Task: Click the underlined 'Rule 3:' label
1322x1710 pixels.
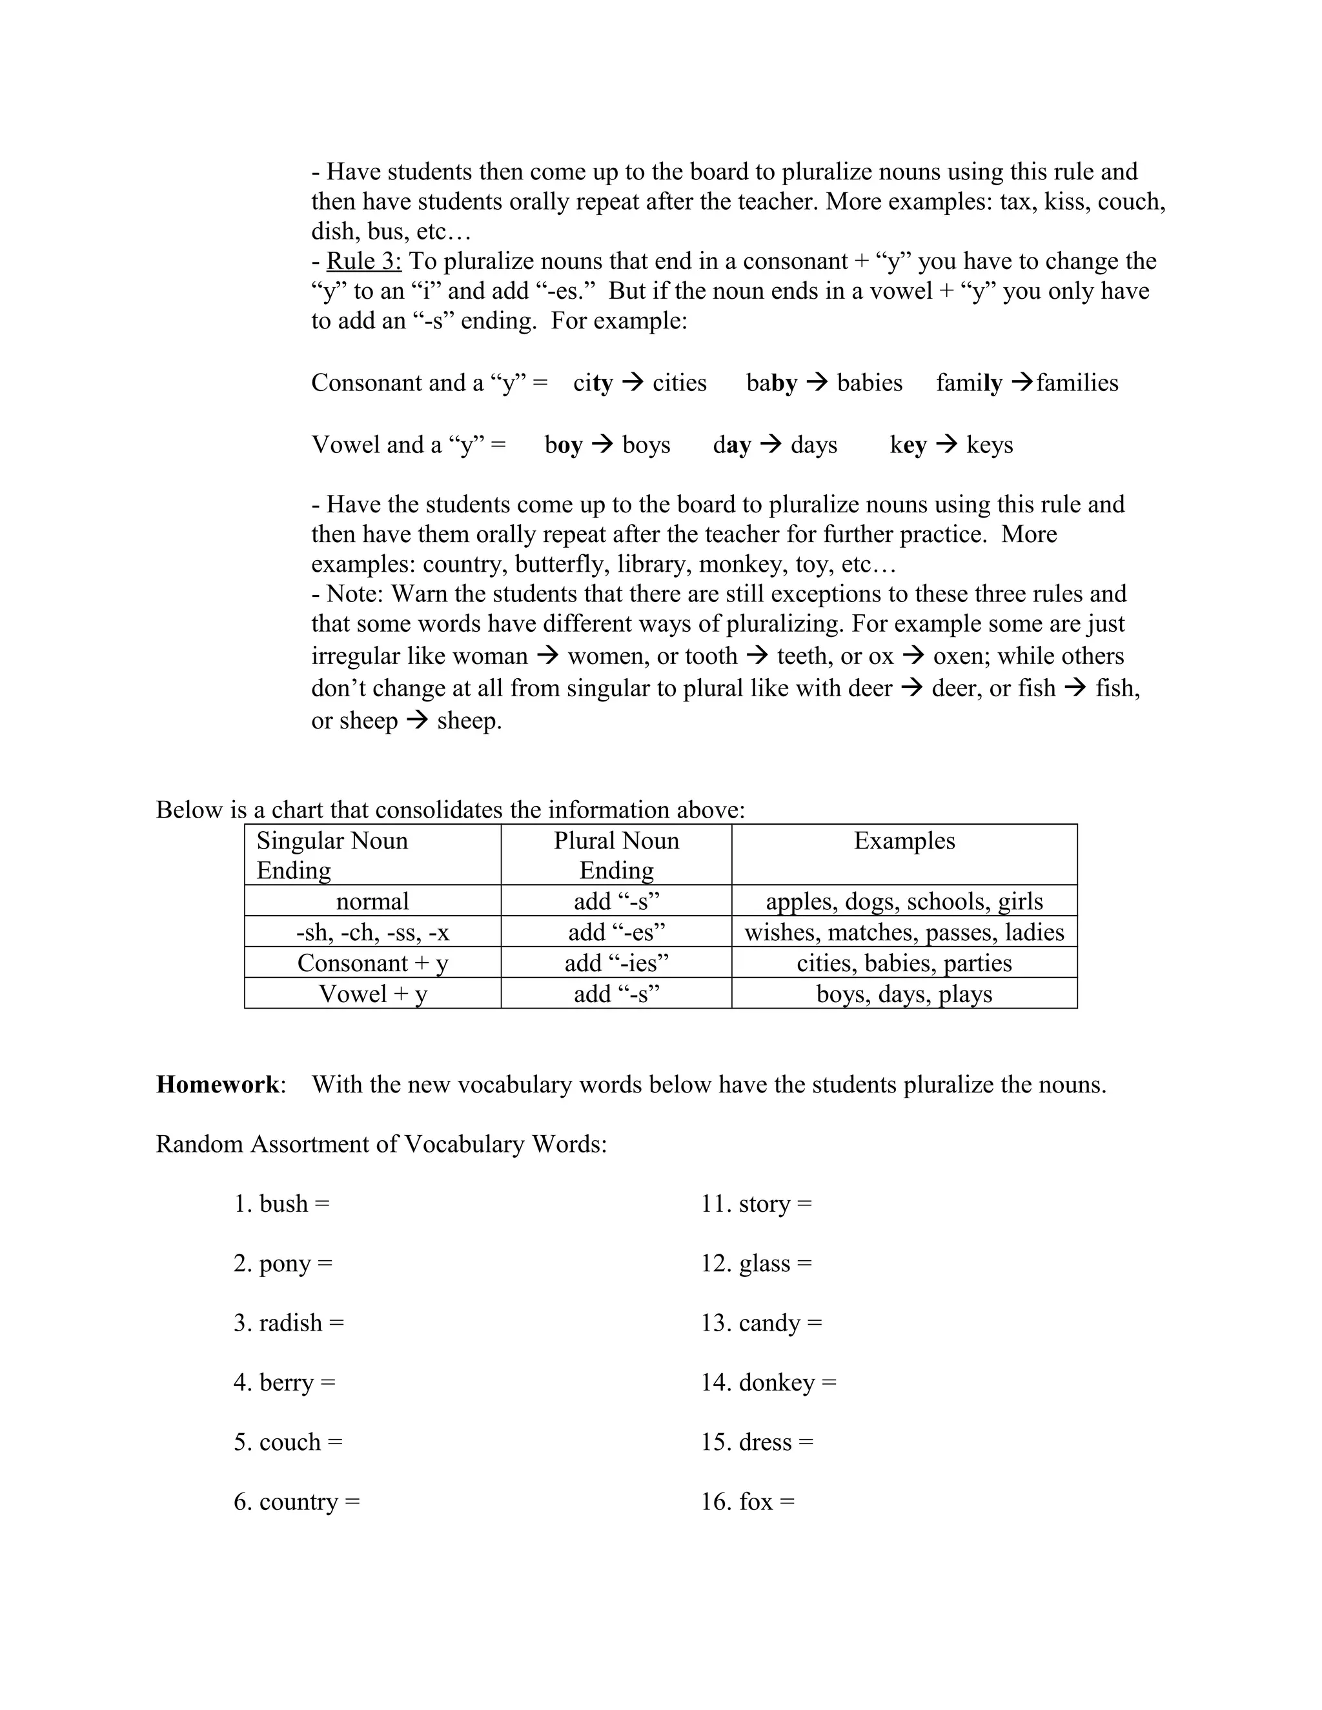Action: pos(363,261)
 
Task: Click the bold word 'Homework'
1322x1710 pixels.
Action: pos(218,1085)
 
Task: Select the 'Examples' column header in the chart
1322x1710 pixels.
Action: pos(904,841)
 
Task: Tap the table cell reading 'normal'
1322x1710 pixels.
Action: pos(373,901)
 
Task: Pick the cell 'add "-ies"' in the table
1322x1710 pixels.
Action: pos(616,963)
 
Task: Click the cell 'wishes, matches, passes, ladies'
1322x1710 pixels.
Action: pos(904,932)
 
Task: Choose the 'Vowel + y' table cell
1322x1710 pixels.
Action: pos(373,994)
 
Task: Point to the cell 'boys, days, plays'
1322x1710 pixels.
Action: pos(904,994)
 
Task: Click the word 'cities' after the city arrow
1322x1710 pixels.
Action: pos(679,383)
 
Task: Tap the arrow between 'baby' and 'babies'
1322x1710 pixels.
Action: pos(817,382)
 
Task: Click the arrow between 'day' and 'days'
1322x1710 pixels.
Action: pos(771,444)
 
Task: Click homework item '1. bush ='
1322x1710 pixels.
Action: pos(282,1203)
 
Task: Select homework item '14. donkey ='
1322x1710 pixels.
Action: pos(768,1382)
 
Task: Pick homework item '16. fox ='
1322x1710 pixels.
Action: pos(747,1501)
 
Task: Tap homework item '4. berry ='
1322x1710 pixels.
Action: pos(284,1382)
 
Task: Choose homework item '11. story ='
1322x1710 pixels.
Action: pos(756,1203)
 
